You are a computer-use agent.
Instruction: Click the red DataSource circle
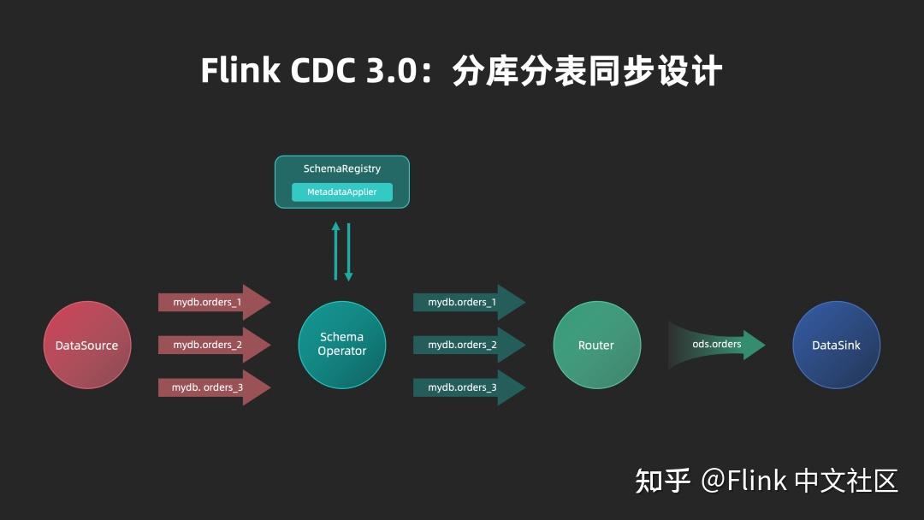pyautogui.click(x=86, y=345)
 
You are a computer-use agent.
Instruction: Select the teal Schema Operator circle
pyautogui.click(x=341, y=345)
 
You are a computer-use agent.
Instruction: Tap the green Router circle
pyautogui.click(x=596, y=345)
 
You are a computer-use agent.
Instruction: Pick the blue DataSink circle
pyautogui.click(x=836, y=345)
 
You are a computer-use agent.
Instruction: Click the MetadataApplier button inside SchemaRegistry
pyautogui.click(x=342, y=192)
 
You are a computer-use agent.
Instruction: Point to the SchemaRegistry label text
pyautogui.click(x=342, y=168)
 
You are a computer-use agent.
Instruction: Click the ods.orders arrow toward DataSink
pyautogui.click(x=717, y=345)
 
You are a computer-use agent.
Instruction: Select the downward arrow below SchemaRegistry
pyautogui.click(x=348, y=252)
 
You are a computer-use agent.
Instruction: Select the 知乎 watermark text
pyautogui.click(x=662, y=481)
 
